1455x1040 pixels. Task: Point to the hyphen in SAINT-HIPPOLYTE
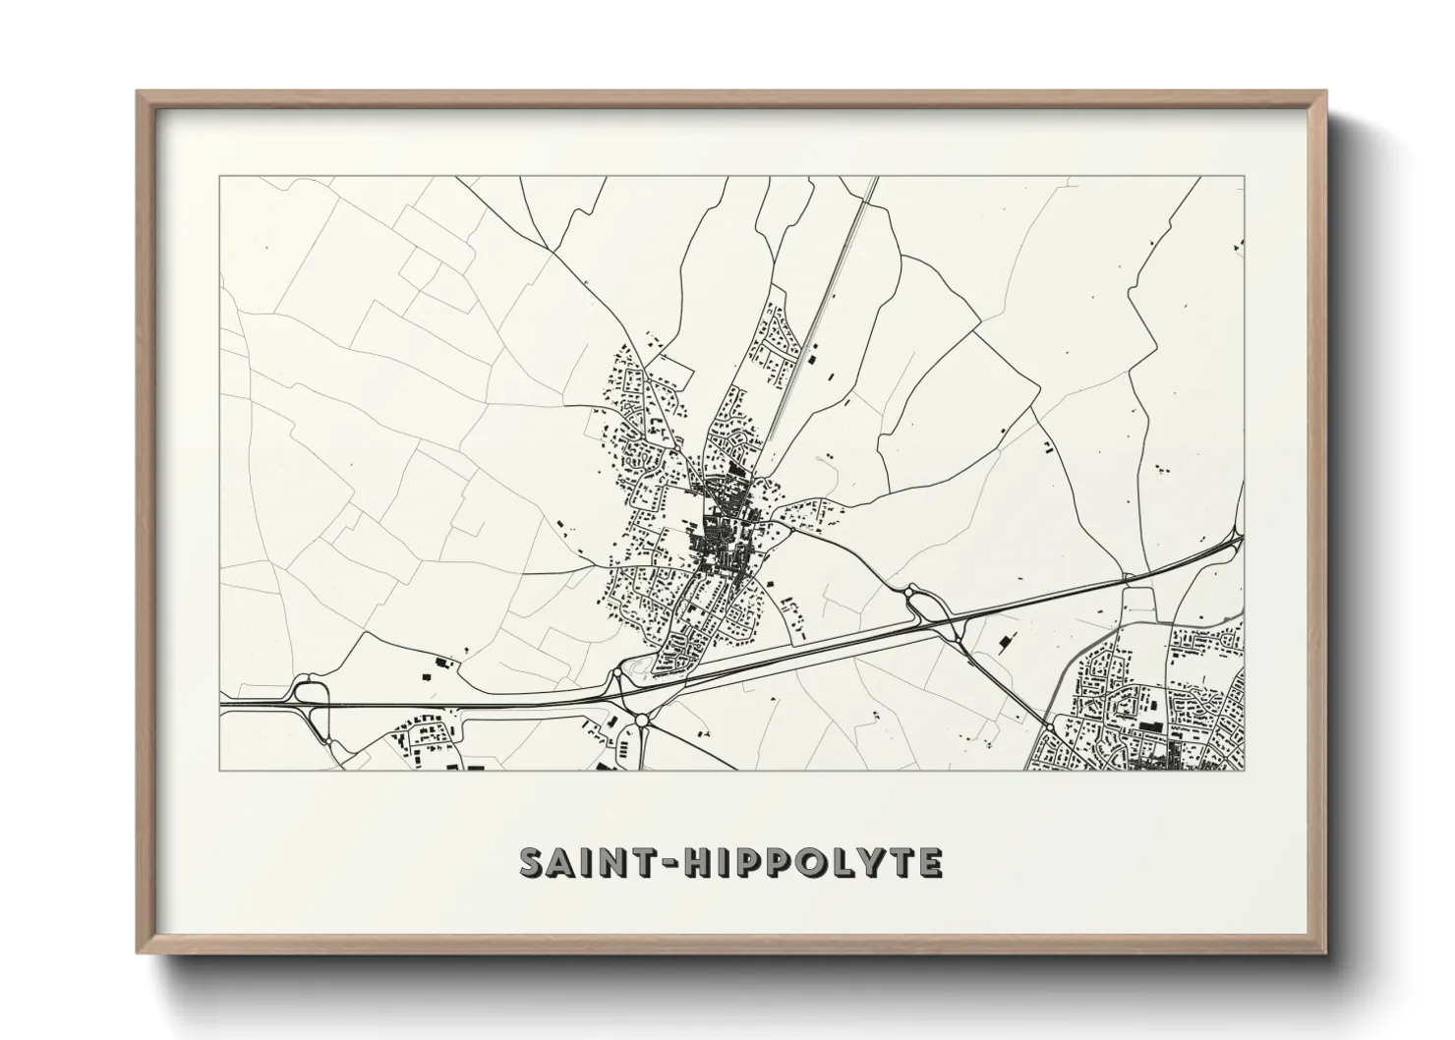(664, 864)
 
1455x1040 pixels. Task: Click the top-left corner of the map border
(220, 177)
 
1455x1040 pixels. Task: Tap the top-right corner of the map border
(1245, 177)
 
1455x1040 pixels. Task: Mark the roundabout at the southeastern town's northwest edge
(1051, 728)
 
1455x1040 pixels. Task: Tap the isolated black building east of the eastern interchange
(1005, 643)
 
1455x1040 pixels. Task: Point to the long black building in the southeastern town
(1151, 726)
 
